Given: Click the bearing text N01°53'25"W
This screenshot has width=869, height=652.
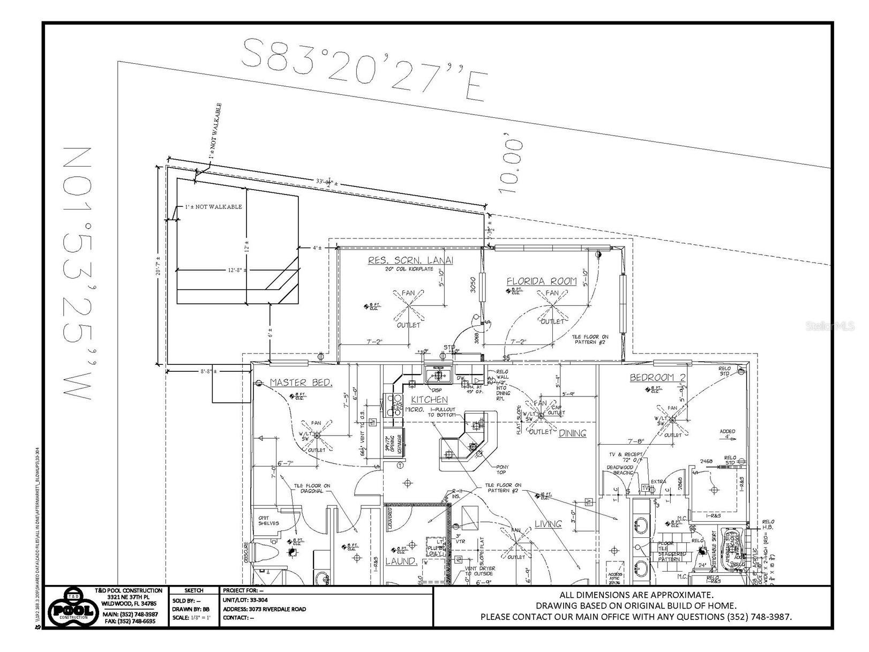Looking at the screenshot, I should [x=78, y=273].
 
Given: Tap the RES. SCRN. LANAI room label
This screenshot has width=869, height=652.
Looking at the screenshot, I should [x=410, y=260].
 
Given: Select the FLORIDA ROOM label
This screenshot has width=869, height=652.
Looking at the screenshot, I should [x=542, y=281].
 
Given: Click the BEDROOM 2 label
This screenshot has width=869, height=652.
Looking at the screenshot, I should [x=657, y=378].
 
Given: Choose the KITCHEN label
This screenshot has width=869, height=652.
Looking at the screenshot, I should [x=429, y=400].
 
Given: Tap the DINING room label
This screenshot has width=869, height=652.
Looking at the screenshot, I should [x=573, y=433].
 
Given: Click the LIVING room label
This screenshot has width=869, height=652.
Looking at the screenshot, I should [x=548, y=523].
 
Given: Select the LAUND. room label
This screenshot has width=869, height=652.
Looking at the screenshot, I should [x=401, y=561].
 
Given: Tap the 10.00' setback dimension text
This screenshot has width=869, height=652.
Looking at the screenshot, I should [x=510, y=166].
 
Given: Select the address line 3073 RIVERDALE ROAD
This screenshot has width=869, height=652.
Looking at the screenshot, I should [x=265, y=609].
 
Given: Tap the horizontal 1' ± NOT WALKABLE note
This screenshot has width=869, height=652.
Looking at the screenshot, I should [x=213, y=207].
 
